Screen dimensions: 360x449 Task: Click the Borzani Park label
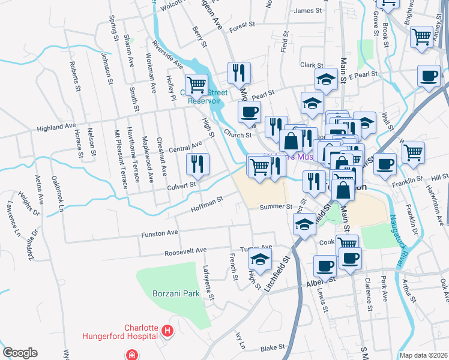[x=175, y=295]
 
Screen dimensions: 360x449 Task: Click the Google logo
[x=20, y=353]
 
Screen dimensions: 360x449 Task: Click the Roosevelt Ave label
[x=185, y=250]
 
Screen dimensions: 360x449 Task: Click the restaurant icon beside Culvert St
[x=197, y=163]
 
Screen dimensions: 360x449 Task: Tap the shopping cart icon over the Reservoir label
[x=196, y=85]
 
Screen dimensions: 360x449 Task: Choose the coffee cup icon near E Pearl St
[x=429, y=76]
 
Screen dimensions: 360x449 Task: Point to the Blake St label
[x=272, y=347]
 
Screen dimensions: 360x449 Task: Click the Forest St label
[x=242, y=26]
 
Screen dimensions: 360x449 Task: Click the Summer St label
[x=276, y=207]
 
